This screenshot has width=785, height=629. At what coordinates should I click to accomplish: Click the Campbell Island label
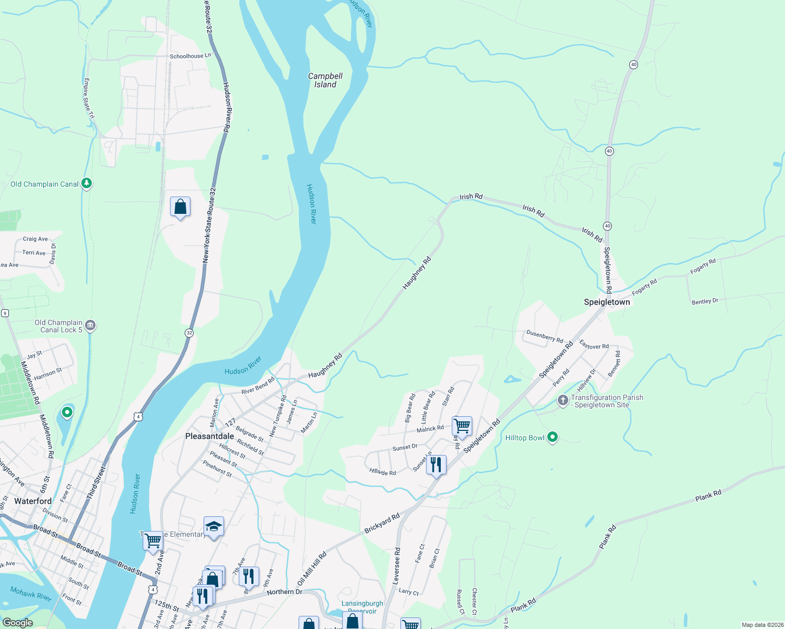[x=325, y=80]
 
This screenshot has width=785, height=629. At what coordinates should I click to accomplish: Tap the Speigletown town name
[x=607, y=302]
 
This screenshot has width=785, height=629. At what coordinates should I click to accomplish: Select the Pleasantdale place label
[x=209, y=436]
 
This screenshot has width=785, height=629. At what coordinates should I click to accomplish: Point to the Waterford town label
[x=33, y=501]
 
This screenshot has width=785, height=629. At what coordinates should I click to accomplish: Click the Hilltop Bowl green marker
[x=552, y=437]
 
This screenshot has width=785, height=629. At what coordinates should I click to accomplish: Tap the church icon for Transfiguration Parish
[x=563, y=401]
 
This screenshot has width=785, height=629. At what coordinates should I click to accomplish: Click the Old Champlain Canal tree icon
[x=87, y=183]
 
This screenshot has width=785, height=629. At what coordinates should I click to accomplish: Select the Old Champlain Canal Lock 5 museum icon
[x=90, y=326]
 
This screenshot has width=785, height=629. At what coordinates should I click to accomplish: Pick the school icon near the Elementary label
[x=214, y=526]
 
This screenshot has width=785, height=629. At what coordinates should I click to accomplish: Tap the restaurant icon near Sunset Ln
[x=436, y=464]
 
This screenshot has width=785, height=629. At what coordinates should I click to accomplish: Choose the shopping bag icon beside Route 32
[x=180, y=207]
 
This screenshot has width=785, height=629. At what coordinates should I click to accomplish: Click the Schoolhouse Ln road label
[x=190, y=56]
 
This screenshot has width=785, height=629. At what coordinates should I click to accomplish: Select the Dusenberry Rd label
[x=545, y=335]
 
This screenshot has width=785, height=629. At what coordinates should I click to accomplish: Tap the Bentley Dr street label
[x=705, y=301]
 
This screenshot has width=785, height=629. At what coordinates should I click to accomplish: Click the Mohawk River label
[x=31, y=593]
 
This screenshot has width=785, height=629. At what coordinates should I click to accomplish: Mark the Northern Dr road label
[x=284, y=592]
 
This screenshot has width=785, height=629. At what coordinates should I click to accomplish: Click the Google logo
[x=17, y=623]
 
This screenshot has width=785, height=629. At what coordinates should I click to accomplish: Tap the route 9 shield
[x=5, y=313]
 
